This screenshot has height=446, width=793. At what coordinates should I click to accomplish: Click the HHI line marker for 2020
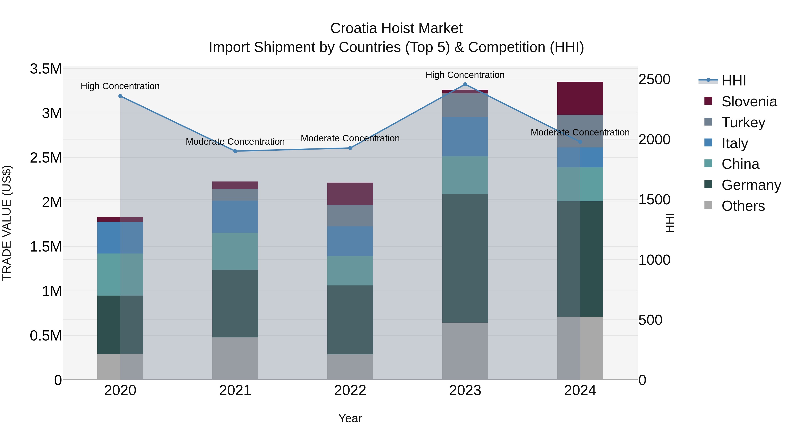point(120,96)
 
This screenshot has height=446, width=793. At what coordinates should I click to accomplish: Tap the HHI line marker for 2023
point(465,84)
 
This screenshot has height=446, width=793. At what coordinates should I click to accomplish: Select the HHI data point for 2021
point(235,151)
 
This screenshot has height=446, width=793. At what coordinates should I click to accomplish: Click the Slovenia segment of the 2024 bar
point(580,98)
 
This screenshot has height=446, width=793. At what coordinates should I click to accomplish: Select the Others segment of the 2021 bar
point(235,359)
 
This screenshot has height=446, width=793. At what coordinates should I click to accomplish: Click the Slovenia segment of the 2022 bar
point(350,194)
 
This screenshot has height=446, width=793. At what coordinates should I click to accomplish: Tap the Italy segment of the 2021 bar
point(235,217)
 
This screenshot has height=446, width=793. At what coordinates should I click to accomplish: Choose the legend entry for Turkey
point(743,122)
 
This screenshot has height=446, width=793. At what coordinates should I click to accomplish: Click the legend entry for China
point(740,164)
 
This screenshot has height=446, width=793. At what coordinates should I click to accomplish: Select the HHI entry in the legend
point(734,81)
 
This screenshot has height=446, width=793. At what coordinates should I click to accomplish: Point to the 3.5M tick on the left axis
point(46,69)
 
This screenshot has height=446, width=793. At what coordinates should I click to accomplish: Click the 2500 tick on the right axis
point(654,80)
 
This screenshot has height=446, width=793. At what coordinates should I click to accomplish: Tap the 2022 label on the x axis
point(350,390)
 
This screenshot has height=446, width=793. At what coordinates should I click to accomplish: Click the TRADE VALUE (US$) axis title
point(7,223)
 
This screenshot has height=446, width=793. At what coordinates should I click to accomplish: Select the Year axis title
point(350,418)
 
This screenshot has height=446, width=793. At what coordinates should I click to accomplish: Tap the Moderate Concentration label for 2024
point(580,132)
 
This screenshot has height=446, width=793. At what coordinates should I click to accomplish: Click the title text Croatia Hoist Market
point(396,28)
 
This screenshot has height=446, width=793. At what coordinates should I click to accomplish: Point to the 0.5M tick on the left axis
point(46,335)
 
